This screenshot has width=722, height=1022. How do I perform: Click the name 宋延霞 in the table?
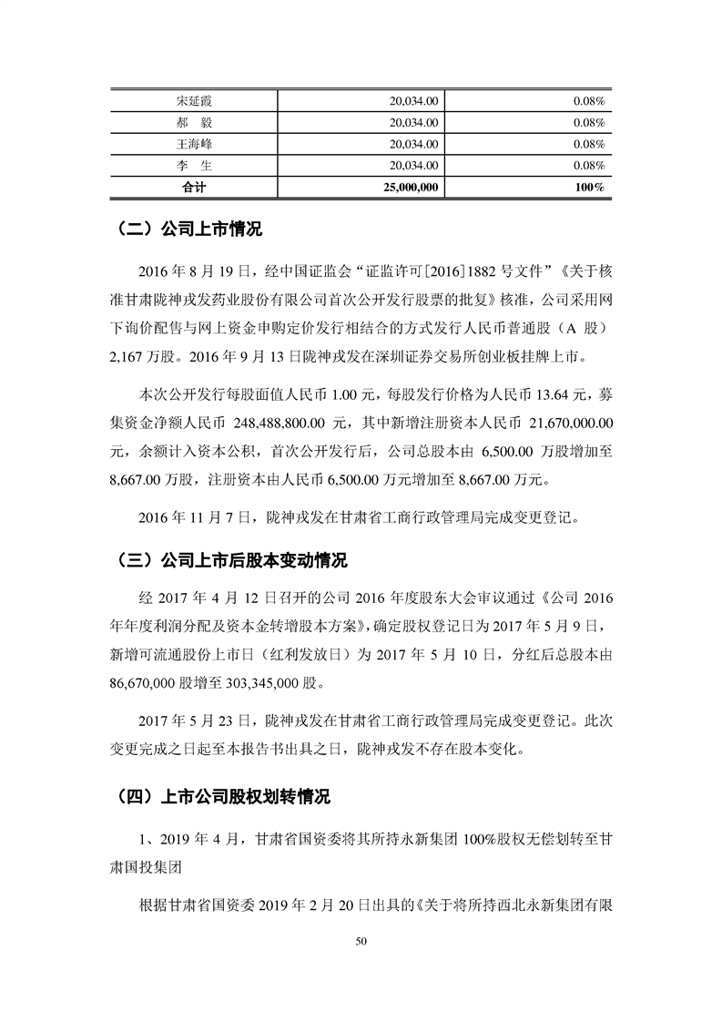click(192, 100)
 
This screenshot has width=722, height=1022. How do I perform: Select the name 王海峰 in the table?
click(192, 144)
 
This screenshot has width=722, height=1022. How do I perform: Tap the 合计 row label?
click(192, 188)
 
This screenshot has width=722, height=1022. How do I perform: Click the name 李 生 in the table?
click(192, 166)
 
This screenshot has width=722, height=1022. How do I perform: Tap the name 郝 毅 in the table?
click(192, 122)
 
